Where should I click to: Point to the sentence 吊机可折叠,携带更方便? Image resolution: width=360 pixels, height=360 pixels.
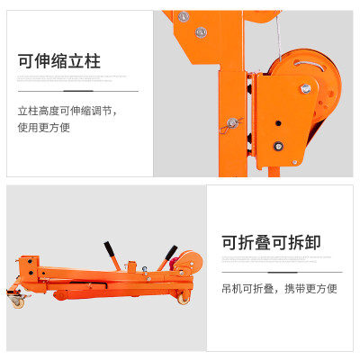279,289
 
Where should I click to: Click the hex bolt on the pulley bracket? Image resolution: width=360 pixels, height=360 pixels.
306,88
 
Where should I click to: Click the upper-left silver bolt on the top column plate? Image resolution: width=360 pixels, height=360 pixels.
184,16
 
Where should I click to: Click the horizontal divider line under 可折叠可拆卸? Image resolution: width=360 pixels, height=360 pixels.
282,272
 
